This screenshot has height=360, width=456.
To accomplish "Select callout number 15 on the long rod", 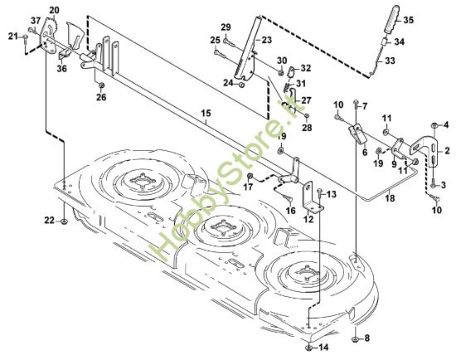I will point(206,112).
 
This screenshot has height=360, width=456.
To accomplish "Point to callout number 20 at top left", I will point(54,9).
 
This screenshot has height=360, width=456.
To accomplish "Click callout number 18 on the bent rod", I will point(391,200).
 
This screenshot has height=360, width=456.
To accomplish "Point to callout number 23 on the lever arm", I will point(266,39).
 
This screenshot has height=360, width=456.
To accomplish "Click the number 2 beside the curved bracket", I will point(449,151).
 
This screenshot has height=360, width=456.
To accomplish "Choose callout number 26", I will point(101,97).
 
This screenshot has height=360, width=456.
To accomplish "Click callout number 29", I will point(225,27).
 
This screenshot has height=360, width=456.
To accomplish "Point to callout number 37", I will point(35,20).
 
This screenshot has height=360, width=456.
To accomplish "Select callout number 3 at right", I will point(444,182).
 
